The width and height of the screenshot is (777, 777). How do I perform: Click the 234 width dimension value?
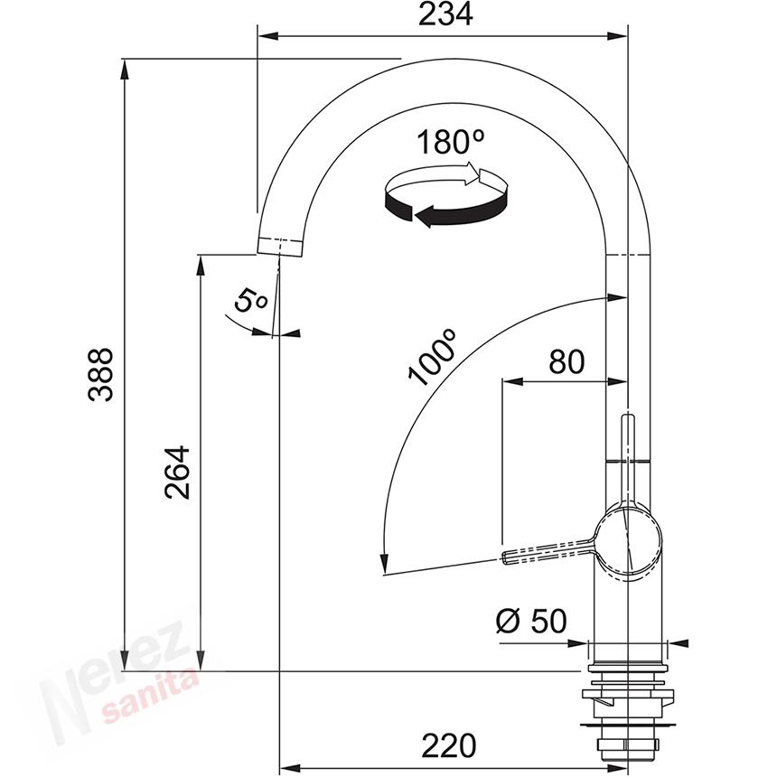[x=445, y=14]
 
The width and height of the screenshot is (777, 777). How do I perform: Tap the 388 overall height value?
[x=100, y=374]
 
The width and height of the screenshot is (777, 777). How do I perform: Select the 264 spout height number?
[x=177, y=473]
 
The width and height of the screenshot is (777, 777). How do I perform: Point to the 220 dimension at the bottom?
[x=449, y=745]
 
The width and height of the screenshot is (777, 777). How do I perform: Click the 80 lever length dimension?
[x=566, y=361]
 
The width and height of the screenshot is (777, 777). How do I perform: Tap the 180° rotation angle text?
[x=450, y=142]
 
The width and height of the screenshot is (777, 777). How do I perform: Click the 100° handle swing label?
[x=431, y=357]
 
